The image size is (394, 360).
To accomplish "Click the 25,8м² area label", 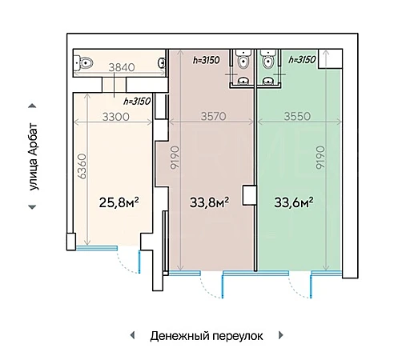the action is [119, 202].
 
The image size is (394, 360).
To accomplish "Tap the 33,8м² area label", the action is [209, 202].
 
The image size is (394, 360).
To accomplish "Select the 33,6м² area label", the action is [294, 202].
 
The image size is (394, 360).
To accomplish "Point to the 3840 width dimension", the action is [122, 67].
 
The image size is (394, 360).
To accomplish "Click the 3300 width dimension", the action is [116, 117].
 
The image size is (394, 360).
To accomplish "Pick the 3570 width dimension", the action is [214, 116].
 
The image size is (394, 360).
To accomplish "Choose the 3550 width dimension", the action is [297, 116].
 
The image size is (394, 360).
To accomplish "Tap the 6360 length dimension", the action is [82, 166].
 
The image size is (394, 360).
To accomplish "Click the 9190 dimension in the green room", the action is [320, 158].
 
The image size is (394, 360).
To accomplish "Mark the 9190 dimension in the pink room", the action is [175, 158].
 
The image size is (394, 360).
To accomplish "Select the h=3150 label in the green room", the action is [302, 59].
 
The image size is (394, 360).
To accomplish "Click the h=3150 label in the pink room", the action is [207, 60].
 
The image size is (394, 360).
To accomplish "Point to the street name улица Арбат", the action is [34, 157].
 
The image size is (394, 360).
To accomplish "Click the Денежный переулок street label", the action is [207, 336].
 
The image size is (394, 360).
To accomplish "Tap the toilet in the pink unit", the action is [243, 59].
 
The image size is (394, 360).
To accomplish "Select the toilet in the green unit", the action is [268, 59].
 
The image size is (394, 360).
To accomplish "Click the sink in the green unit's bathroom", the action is [267, 81].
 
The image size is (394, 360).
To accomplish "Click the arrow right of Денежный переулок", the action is [281, 335].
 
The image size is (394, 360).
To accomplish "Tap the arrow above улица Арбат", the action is [32, 106].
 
